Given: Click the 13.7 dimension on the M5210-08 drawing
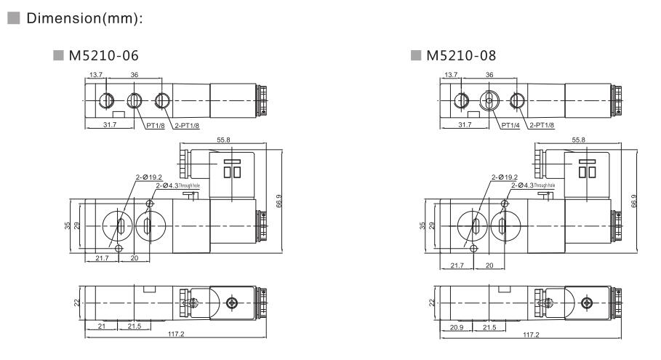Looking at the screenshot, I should (x=451, y=74).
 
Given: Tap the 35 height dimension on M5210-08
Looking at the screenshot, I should (x=423, y=225).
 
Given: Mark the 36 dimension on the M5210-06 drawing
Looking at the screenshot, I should (x=134, y=74).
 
